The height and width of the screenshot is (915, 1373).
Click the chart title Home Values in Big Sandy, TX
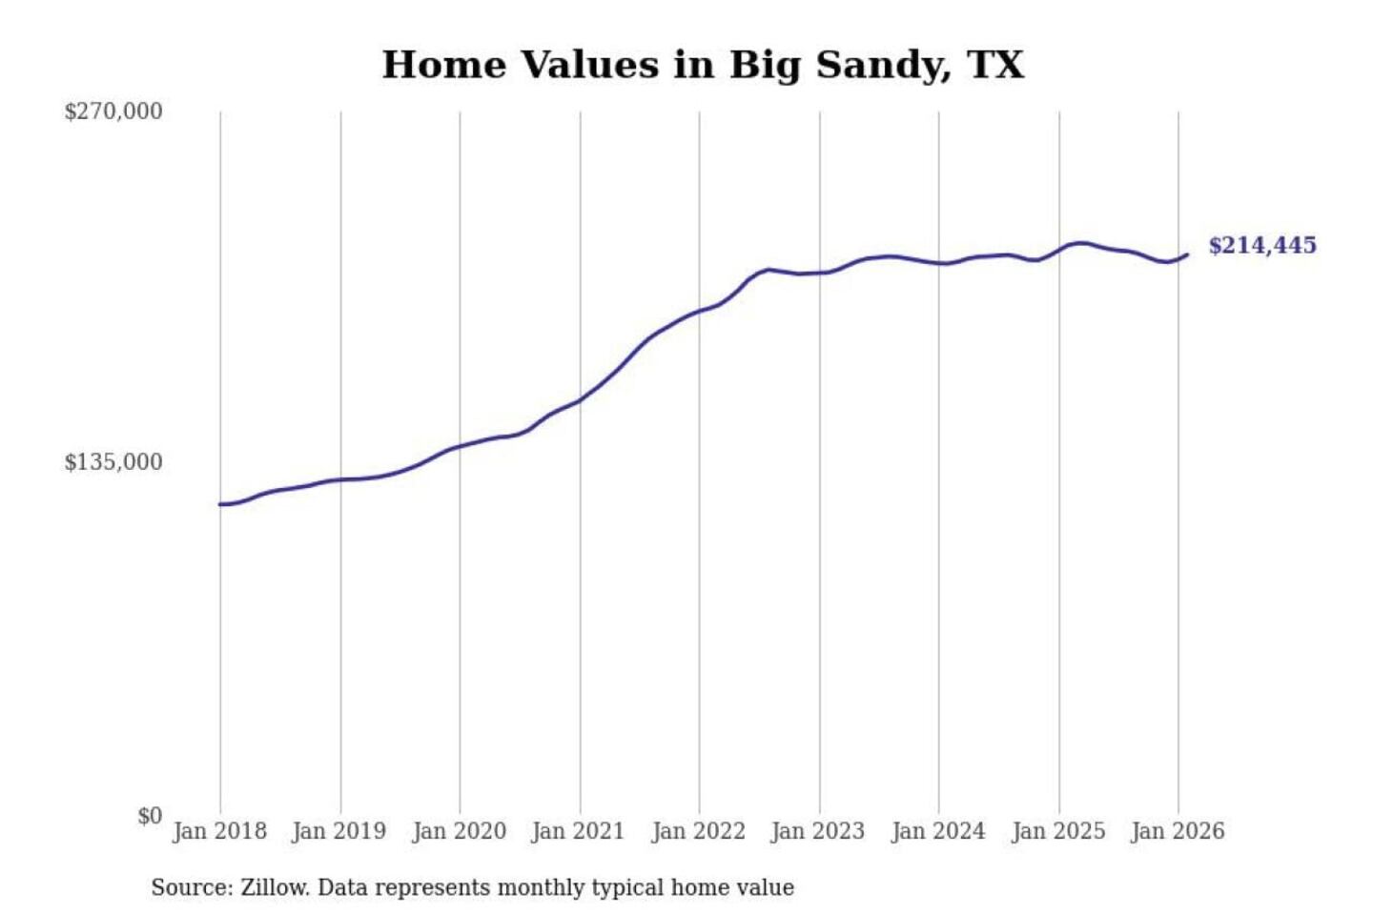tap(703, 65)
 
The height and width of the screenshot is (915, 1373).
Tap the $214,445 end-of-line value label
tap(1261, 246)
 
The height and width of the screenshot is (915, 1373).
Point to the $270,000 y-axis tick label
tap(113, 112)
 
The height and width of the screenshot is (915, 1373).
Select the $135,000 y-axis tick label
tap(113, 462)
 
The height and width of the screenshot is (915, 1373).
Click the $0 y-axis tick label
tap(150, 816)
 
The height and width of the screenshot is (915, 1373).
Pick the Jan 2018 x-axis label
tap(219, 831)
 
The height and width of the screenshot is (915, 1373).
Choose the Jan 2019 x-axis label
tap(338, 831)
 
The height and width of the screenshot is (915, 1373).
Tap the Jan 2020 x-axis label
tap(459, 831)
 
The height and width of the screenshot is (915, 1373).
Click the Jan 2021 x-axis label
tap(578, 831)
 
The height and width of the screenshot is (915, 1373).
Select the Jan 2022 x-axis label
tap(698, 831)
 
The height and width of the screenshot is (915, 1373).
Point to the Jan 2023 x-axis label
tap(817, 831)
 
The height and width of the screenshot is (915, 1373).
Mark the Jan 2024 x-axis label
tap(937, 831)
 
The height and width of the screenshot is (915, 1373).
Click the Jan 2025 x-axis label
tap(1057, 831)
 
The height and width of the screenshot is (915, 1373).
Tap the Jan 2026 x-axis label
tap(1177, 831)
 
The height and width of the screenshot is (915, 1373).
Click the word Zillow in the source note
tap(274, 887)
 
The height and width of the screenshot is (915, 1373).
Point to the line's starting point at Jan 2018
tap(220, 504)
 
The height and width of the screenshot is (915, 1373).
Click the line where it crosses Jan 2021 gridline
tap(580, 399)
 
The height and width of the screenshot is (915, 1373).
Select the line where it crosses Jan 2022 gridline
tap(699, 312)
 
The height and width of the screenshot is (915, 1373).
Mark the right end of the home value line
tap(1187, 254)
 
